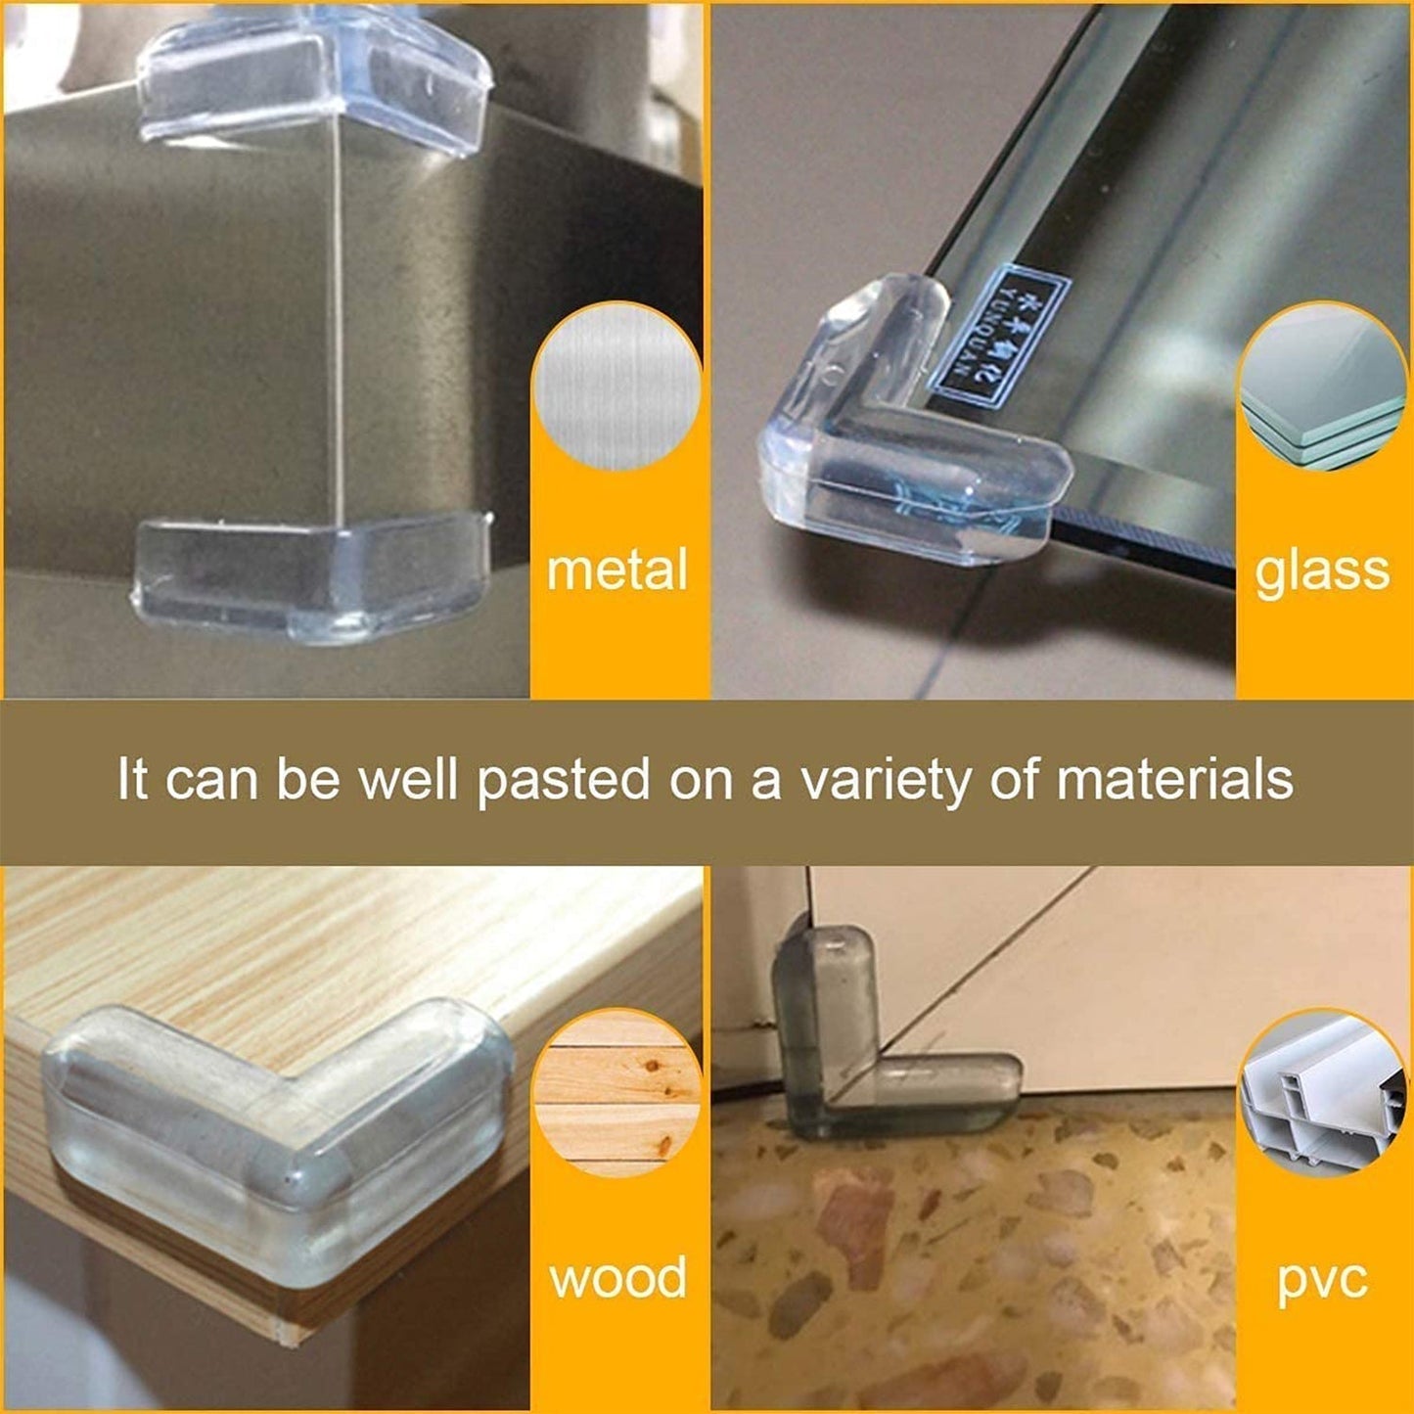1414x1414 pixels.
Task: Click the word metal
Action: [616, 570]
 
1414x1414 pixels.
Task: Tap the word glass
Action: [1322, 570]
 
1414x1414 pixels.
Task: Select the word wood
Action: [617, 1279]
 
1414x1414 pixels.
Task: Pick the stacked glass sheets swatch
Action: [1323, 387]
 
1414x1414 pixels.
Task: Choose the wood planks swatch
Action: [616, 1095]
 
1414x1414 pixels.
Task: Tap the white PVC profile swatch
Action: [1323, 1096]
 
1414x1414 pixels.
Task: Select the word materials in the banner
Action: [1174, 780]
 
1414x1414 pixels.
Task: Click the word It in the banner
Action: [132, 780]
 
